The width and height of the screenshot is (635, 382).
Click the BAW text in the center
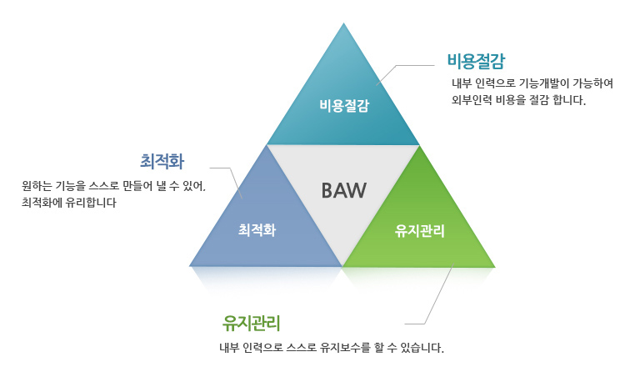[343, 190]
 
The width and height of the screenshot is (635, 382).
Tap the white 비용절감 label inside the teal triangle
[343, 106]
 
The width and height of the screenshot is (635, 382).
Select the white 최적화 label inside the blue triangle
[257, 229]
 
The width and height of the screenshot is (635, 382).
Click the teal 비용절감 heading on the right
[477, 61]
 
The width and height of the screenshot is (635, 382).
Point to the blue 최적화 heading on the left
[162, 158]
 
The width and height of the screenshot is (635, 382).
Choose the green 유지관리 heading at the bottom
[251, 323]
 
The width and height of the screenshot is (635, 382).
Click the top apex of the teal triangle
[343, 24]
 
